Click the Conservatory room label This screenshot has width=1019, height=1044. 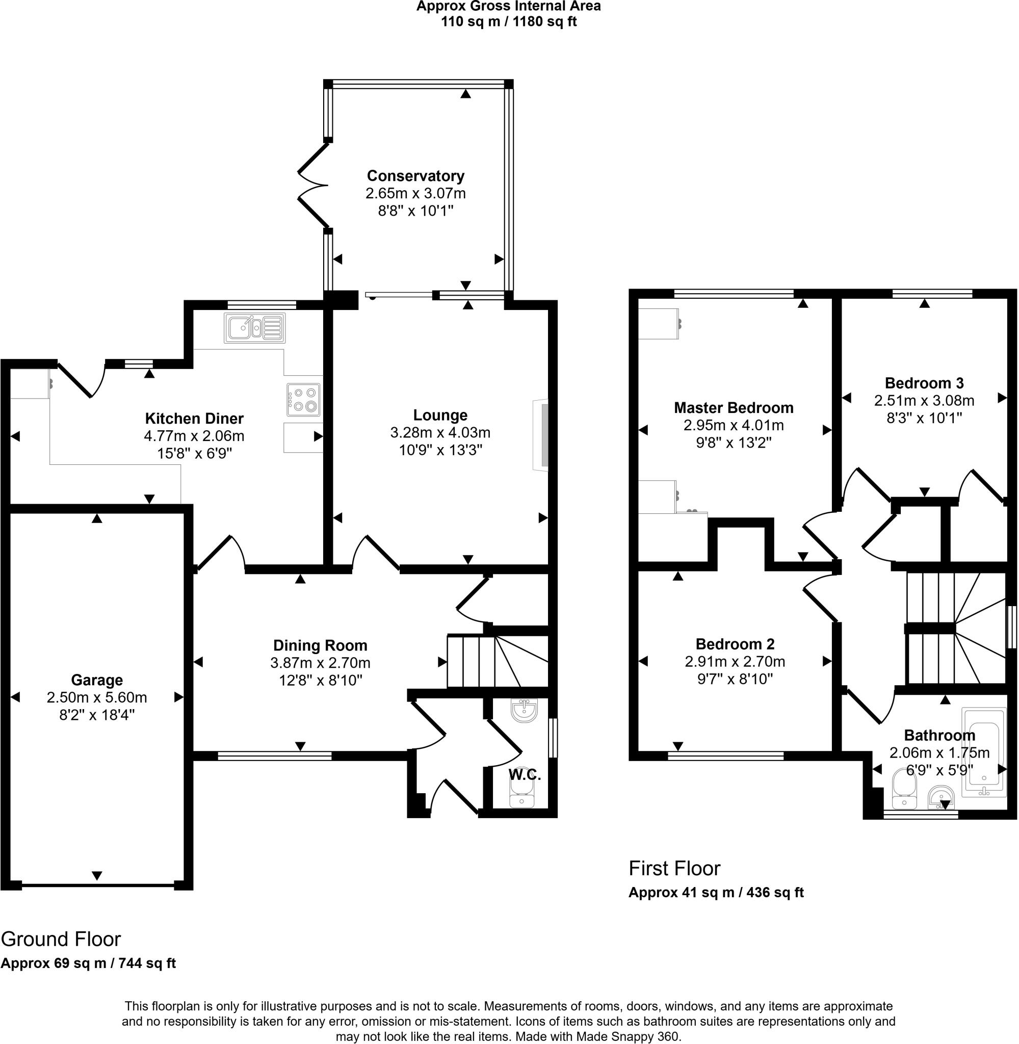(x=415, y=175)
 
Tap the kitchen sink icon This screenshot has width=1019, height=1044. (x=255, y=327)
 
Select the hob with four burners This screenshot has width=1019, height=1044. (x=303, y=400)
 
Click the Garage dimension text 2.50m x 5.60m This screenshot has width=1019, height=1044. (x=97, y=697)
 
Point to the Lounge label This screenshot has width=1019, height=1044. (x=440, y=415)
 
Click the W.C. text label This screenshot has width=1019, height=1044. (x=525, y=774)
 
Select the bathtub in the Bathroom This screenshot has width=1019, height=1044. (x=983, y=752)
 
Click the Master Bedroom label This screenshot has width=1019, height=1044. (x=733, y=408)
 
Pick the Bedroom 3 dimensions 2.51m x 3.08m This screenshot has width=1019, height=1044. (x=924, y=400)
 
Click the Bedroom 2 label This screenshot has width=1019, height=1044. (x=735, y=644)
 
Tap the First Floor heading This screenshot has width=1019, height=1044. (x=674, y=868)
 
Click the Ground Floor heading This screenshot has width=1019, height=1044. (x=61, y=938)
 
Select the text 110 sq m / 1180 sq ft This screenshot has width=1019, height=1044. (x=508, y=22)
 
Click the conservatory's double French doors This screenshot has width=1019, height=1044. (x=313, y=185)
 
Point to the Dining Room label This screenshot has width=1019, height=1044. (x=320, y=645)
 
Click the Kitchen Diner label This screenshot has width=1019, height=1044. (x=194, y=419)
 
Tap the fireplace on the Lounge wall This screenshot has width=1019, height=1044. (x=541, y=435)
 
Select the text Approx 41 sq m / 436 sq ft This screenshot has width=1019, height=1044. (x=716, y=892)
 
